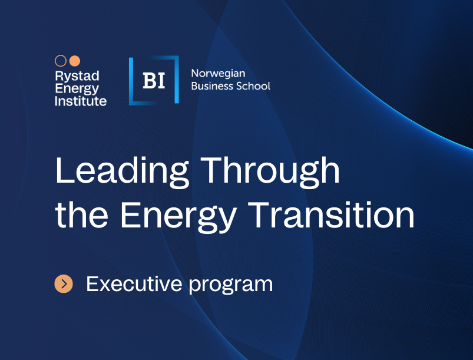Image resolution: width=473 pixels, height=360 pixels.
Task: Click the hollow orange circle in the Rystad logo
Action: click(x=61, y=61)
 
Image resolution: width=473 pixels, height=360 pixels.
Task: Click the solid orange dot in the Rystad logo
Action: click(x=75, y=61)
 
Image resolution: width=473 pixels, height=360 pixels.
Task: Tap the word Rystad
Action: click(x=77, y=77)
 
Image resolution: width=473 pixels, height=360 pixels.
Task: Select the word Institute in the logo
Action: click(x=81, y=101)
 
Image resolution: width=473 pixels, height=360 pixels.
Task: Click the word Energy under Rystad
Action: click(x=77, y=89)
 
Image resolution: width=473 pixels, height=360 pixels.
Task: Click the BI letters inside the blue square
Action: click(x=154, y=81)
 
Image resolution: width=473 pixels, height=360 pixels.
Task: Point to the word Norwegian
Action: click(x=218, y=74)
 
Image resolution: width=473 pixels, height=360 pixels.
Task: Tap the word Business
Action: click(x=212, y=86)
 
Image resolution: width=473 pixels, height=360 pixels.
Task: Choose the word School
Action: click(x=253, y=86)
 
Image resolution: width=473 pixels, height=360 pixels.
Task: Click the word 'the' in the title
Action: click(x=82, y=214)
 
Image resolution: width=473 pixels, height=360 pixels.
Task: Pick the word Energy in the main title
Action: click(x=178, y=217)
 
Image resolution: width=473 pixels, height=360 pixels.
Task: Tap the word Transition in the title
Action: click(x=331, y=214)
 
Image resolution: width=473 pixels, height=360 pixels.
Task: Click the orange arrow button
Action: click(x=64, y=283)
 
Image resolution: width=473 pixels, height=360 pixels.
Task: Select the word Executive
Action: click(x=134, y=283)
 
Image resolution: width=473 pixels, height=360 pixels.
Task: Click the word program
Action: click(x=231, y=286)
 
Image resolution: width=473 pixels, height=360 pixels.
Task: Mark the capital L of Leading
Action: click(x=65, y=170)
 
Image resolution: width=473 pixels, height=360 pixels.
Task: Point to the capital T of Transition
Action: click(x=259, y=214)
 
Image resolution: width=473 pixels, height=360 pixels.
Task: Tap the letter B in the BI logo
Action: click(x=149, y=81)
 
